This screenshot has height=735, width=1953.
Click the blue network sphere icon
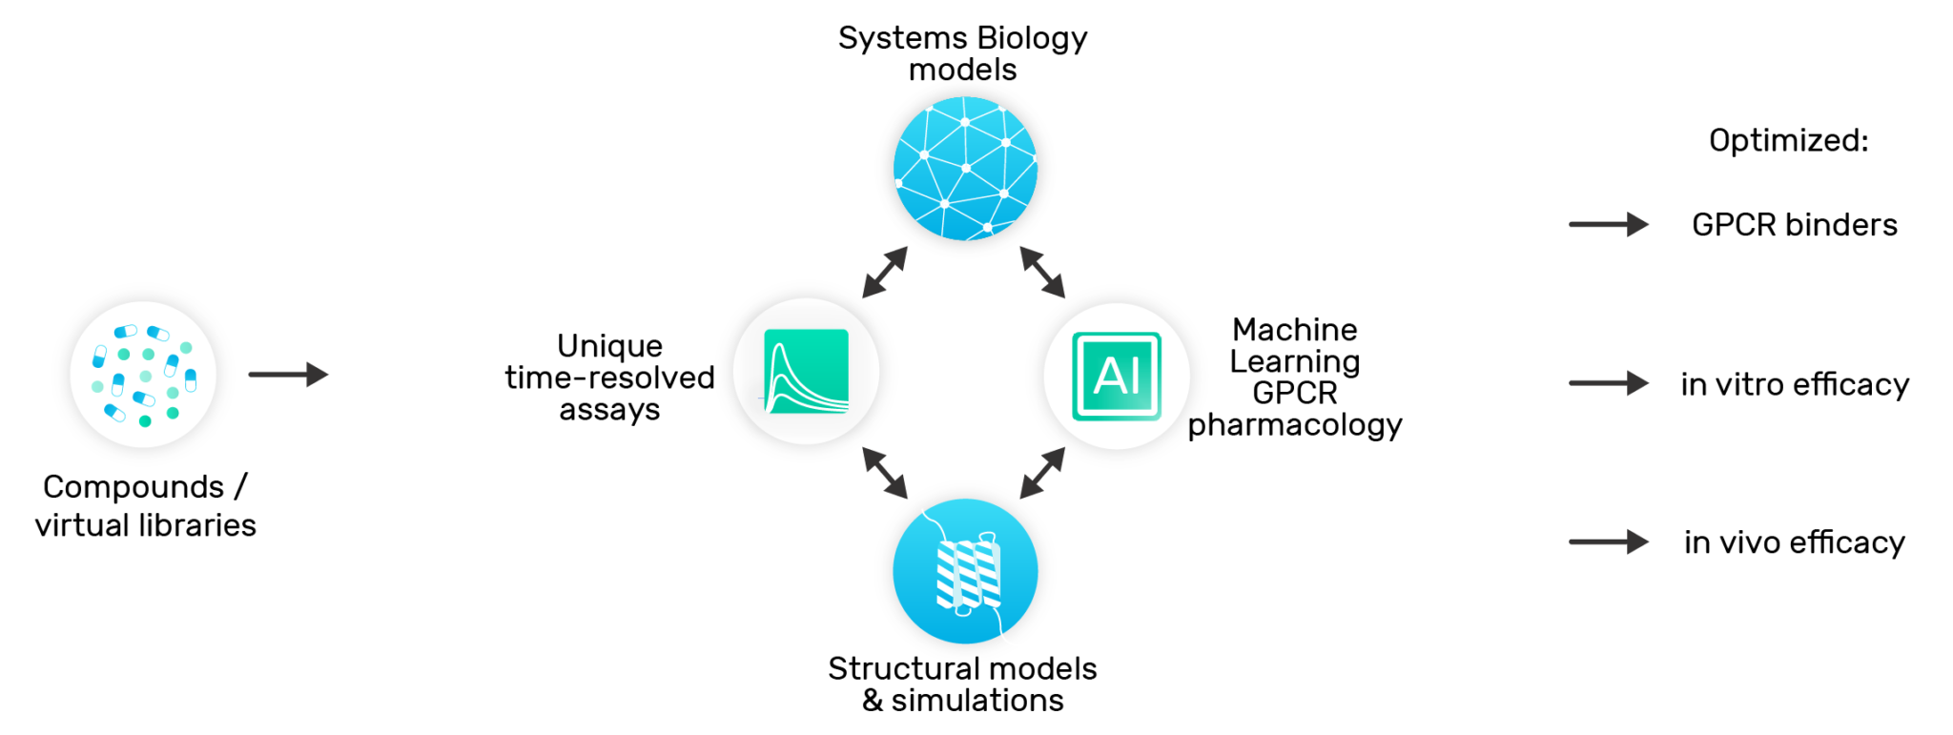965,169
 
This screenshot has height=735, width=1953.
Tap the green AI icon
1116,376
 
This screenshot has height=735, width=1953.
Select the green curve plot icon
806,372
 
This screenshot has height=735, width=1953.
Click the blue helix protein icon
965,571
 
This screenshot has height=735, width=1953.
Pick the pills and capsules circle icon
143,374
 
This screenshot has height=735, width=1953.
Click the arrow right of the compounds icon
288,375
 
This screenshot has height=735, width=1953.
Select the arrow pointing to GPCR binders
1608,225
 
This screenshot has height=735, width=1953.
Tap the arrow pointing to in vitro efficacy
1608,383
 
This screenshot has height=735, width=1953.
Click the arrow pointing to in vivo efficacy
1608,542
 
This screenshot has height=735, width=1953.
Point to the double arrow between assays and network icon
885,273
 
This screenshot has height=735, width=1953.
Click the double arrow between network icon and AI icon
1042,273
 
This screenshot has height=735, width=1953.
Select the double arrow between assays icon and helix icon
885,473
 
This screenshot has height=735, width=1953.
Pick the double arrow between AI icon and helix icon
1042,473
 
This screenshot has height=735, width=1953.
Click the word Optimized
1788,141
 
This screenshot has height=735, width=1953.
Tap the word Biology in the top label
1032,38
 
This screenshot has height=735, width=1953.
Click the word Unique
609,346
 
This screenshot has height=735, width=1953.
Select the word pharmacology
1294,425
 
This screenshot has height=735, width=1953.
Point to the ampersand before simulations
873,701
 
